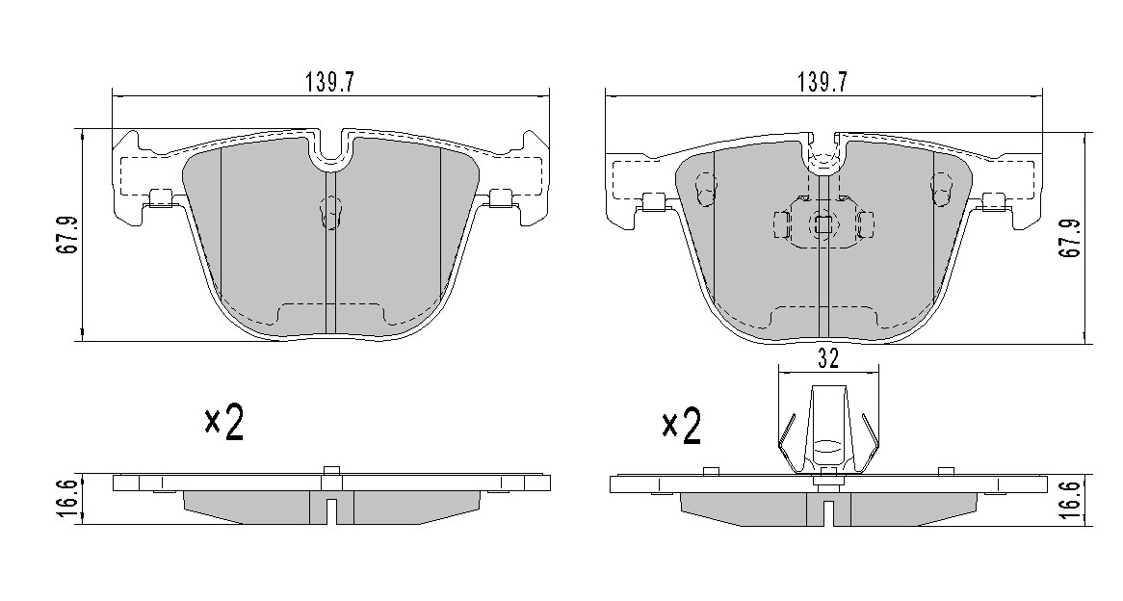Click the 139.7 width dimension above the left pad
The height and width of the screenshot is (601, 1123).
coord(330,83)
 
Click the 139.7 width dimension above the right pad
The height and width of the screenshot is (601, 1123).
coord(823,83)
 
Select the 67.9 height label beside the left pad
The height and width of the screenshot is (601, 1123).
coord(68,234)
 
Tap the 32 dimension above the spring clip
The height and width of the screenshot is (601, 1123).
coord(828,359)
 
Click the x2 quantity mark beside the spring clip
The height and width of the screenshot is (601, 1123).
coord(681,427)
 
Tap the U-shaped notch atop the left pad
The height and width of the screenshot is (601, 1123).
coord(330,148)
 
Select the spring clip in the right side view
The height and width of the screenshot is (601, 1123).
coord(828,430)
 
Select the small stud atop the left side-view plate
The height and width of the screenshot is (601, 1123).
coord(330,470)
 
